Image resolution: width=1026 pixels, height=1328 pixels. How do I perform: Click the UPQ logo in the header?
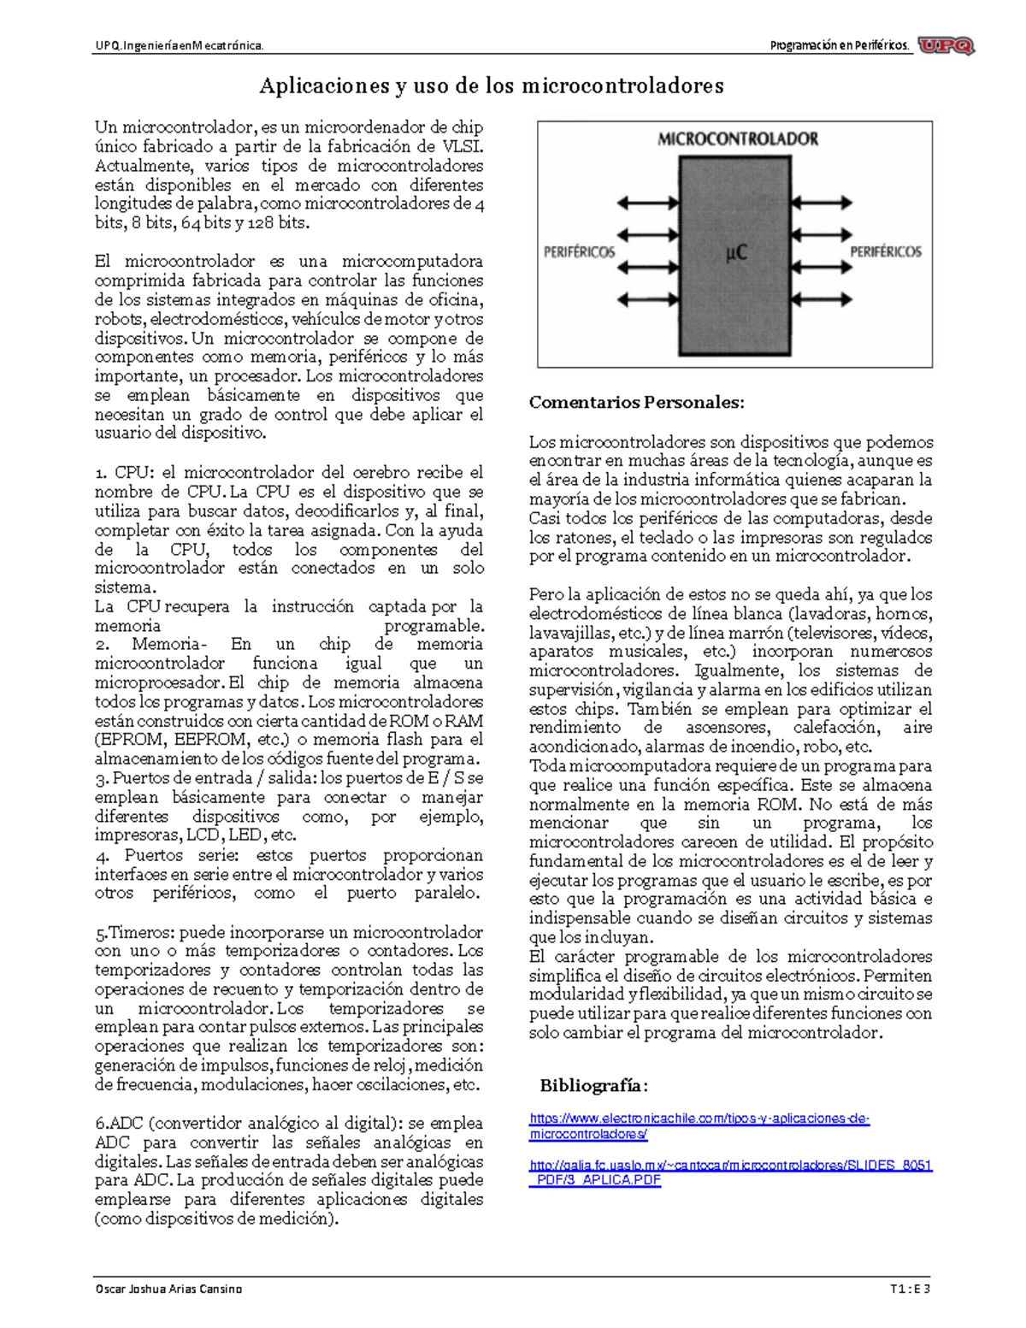946,46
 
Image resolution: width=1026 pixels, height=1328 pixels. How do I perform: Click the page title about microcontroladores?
492,86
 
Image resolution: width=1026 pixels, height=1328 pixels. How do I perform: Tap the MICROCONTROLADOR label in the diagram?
737,139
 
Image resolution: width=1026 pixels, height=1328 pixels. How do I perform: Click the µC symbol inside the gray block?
735,252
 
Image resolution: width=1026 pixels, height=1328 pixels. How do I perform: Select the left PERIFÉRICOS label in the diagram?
579,252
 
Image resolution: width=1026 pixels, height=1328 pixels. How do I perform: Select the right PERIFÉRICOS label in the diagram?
885,251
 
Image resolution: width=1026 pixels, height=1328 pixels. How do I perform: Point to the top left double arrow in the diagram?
647,203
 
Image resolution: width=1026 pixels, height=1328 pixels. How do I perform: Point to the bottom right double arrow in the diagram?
822,300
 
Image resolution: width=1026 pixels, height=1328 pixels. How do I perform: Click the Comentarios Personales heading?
636,402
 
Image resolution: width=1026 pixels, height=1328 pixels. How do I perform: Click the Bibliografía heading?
593,1086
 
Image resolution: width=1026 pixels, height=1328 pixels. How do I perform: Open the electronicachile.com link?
699,1126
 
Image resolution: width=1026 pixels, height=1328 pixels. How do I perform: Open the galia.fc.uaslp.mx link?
730,1172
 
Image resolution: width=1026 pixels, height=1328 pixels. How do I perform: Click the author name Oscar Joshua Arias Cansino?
168,1289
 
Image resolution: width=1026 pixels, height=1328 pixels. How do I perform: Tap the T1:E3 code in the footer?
910,1289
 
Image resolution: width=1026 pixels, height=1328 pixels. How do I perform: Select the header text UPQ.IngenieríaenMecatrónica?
179,45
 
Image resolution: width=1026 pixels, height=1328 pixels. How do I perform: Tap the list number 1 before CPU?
100,473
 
